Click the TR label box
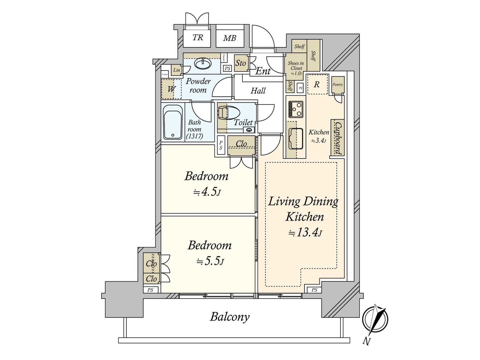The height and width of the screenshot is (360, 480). point(197,37)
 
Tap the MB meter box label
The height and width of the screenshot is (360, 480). point(229,38)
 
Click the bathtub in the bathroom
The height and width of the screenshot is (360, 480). point(173,122)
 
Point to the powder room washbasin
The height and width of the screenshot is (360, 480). point(203,64)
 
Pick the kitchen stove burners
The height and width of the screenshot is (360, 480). point(296,109)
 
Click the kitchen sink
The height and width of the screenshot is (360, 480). point(296,139)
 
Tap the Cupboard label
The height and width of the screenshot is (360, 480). point(338,138)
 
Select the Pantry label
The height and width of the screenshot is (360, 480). point(337,85)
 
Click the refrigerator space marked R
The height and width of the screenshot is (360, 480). point(317,85)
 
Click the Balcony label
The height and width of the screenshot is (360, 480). point(230,317)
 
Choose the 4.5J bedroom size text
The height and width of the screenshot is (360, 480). point(207,192)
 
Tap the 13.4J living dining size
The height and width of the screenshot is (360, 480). point(305,232)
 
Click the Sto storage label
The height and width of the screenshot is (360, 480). point(241,63)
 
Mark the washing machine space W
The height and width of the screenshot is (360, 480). point(171,89)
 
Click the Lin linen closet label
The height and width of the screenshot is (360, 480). point(177,70)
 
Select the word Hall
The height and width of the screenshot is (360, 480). point(258,91)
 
